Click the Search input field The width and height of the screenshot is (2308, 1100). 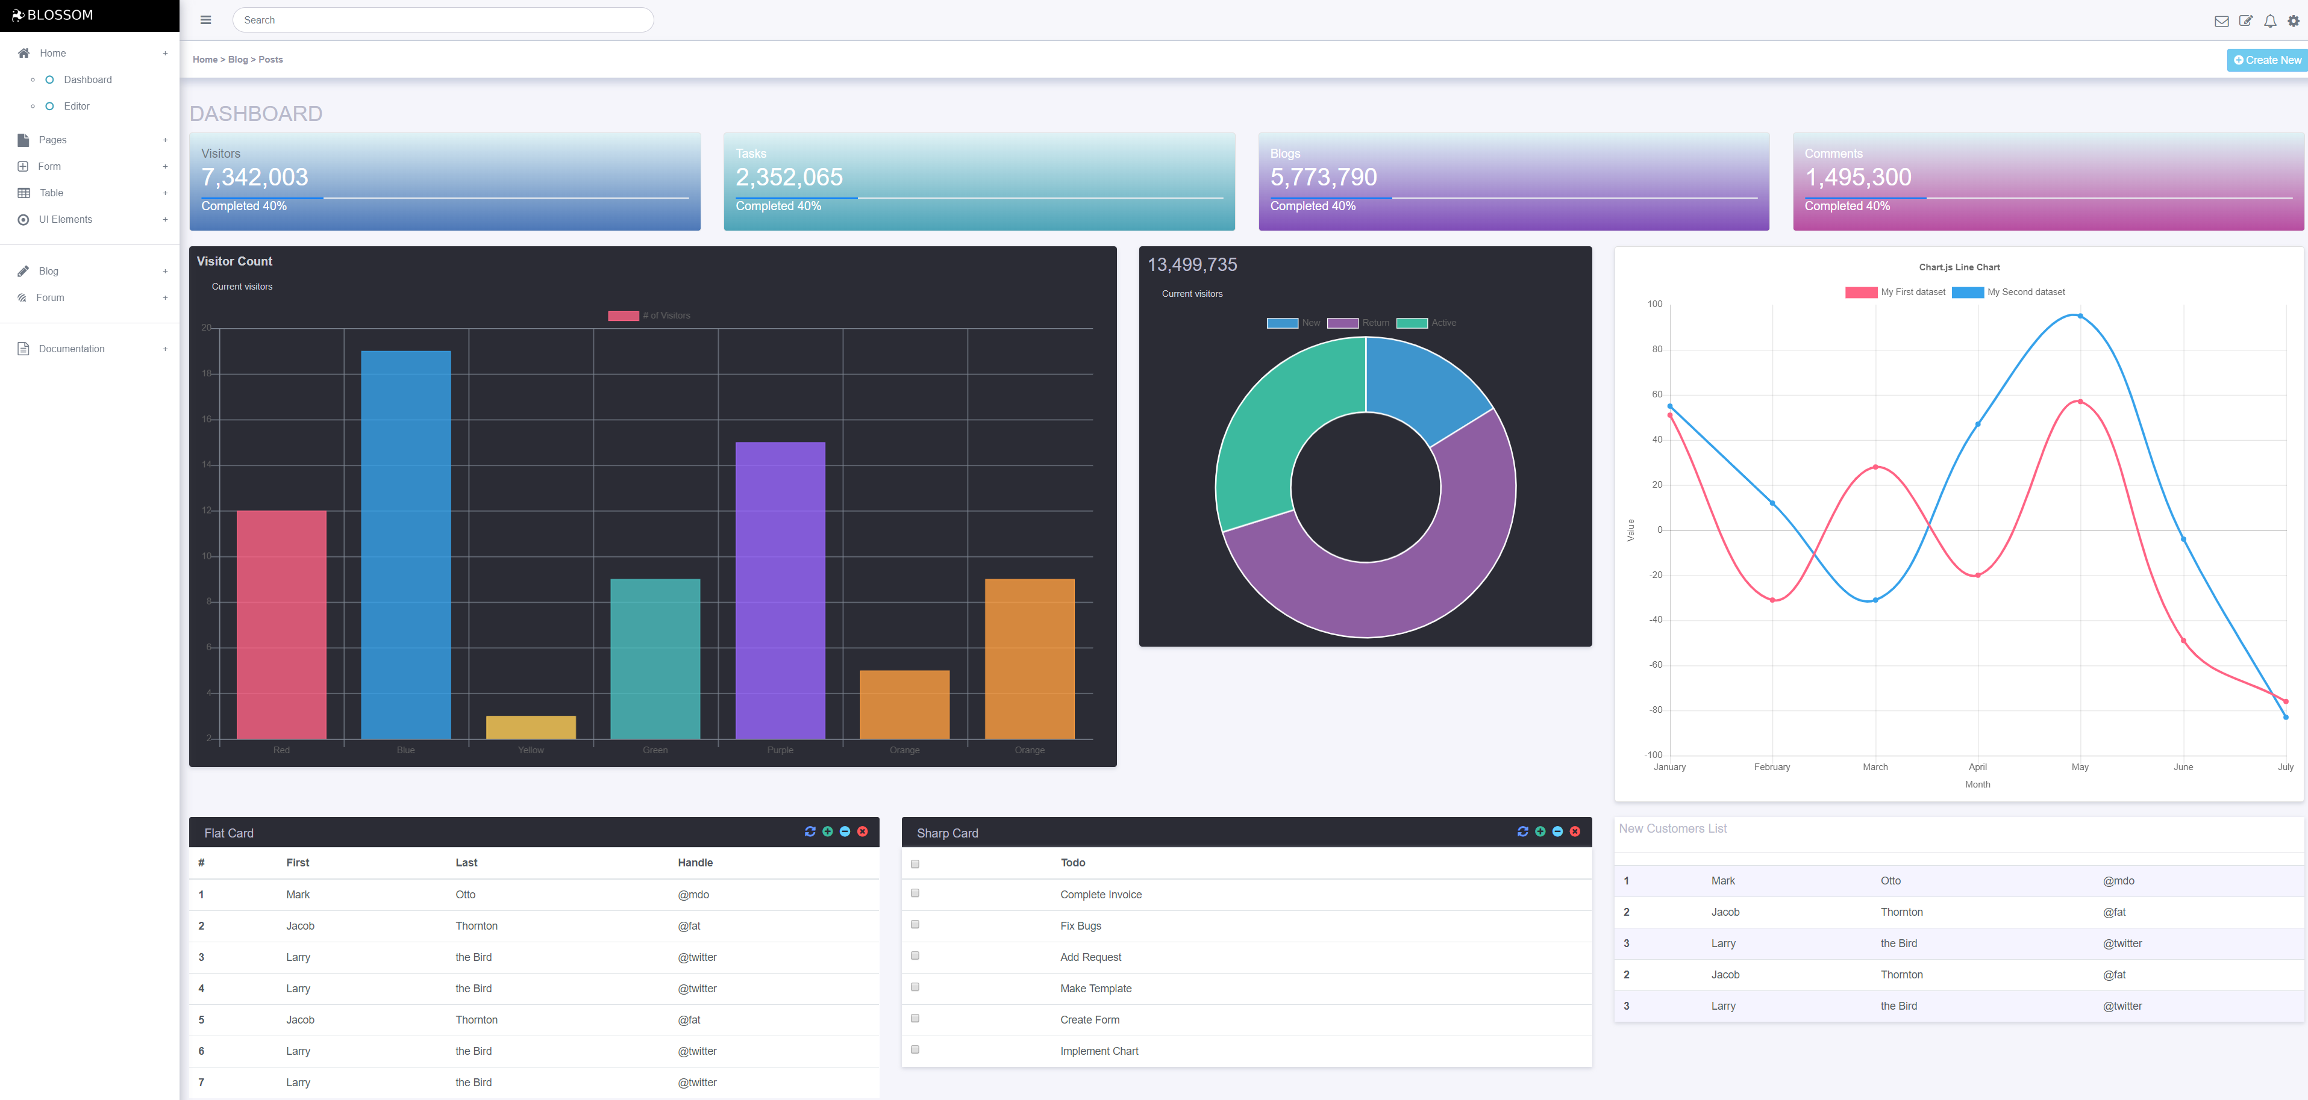tap(443, 20)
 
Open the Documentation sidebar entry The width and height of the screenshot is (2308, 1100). tap(72, 349)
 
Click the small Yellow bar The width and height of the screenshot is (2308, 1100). tap(530, 727)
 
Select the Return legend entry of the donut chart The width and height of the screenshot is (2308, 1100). tap(1359, 323)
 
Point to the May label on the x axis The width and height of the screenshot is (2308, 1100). tap(2080, 768)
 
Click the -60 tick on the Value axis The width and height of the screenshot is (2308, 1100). tap(1656, 665)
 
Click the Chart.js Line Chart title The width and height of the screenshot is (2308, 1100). tap(1959, 267)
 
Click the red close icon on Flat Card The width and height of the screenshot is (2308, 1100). tap(862, 832)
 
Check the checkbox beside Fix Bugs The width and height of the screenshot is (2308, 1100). tap(915, 924)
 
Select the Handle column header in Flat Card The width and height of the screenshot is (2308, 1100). tap(695, 863)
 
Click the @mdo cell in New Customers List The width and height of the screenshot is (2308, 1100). tap(2118, 880)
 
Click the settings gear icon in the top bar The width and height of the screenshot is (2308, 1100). tap(2293, 20)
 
